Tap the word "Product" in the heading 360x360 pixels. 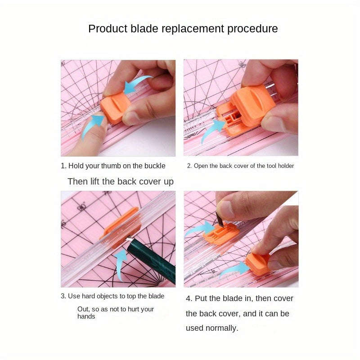click(107, 29)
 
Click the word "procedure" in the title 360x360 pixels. click(252, 29)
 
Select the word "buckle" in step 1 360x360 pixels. click(154, 166)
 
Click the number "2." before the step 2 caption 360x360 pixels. click(189, 166)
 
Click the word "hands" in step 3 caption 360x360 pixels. click(86, 316)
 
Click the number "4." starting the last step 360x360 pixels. click(189, 298)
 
